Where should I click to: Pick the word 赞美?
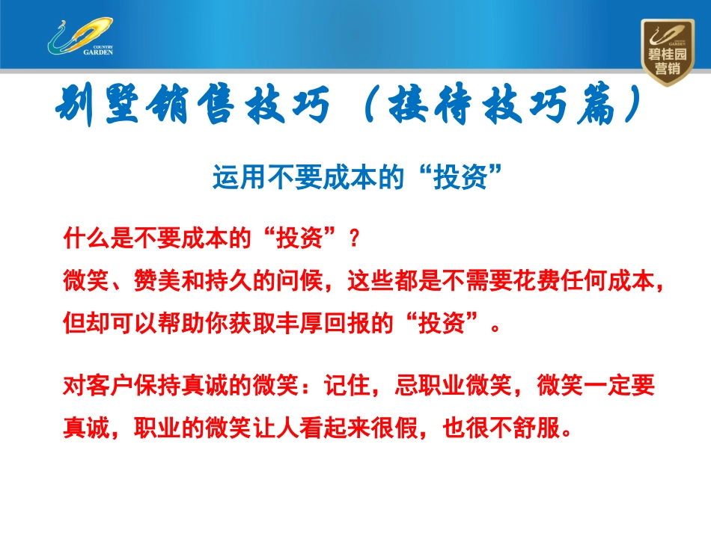[x=151, y=282]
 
